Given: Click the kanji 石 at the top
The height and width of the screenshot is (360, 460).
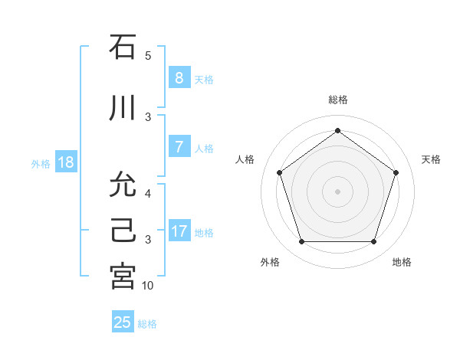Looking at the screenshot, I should (123, 47).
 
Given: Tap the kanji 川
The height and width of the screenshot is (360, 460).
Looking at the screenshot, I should (123, 109).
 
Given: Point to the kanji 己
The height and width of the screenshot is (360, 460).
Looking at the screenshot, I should (123, 231).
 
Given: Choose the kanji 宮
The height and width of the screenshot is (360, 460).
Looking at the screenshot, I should (123, 277).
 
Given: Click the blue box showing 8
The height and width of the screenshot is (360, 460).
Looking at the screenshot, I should (179, 78).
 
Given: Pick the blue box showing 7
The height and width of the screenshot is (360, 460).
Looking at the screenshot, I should (179, 147).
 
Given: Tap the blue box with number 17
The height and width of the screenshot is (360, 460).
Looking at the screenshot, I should (179, 231).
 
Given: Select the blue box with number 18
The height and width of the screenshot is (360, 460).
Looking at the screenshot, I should (64, 162).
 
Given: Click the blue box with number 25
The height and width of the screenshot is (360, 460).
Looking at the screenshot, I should (123, 322).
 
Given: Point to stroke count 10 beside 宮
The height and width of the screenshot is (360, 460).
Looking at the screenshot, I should (148, 286).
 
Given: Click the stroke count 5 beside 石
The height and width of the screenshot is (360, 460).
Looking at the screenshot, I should (148, 56).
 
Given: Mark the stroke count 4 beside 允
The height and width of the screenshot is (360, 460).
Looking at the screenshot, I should (148, 194).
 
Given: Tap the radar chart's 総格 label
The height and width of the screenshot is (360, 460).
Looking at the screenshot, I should (338, 100).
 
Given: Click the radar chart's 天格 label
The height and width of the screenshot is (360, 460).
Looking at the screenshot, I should (431, 159).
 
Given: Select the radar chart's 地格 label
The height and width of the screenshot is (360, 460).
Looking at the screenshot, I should (402, 262).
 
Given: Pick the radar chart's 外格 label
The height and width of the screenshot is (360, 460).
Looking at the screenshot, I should (270, 262).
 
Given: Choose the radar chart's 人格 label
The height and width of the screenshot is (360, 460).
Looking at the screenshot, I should (245, 159).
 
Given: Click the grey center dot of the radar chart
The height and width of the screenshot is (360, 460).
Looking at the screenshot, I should (337, 191).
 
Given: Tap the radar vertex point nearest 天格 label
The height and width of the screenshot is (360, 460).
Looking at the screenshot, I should (396, 172).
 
